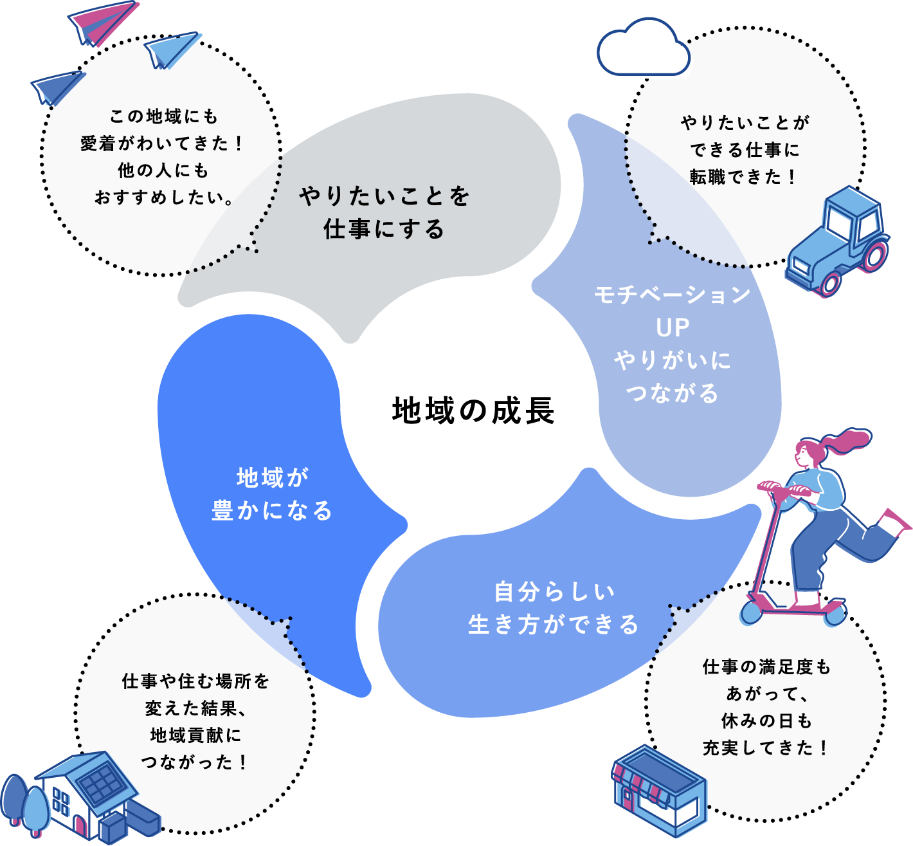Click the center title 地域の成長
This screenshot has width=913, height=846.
click(x=473, y=411)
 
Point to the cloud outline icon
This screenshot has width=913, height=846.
click(x=643, y=50)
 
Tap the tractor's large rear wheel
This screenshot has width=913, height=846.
click(x=875, y=254)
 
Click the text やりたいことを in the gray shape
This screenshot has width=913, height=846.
click(x=384, y=196)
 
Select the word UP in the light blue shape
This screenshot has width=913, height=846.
click(x=673, y=328)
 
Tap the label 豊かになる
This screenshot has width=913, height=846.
click(x=272, y=511)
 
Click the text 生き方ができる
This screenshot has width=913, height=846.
click(x=553, y=624)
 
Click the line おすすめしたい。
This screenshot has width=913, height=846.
click(x=164, y=197)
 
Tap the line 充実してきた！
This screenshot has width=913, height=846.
click(x=765, y=748)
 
